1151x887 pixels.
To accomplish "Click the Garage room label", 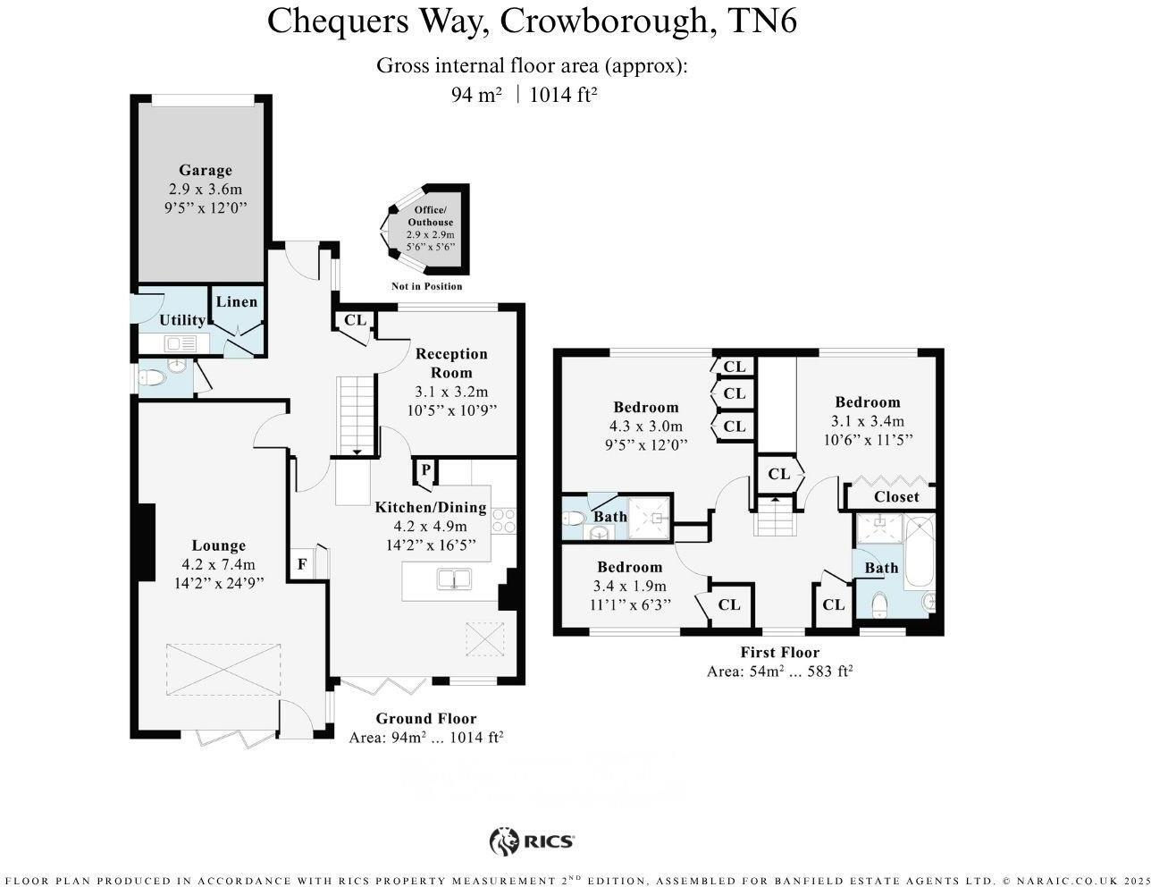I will click(206, 170).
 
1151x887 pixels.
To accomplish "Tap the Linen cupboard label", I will click(237, 301).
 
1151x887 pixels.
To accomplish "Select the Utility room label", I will click(182, 320).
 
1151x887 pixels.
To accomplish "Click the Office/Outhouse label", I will click(431, 215).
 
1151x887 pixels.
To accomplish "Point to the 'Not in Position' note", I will click(427, 286).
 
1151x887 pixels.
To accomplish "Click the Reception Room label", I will click(451, 363).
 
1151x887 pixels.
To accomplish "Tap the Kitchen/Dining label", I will click(431, 507).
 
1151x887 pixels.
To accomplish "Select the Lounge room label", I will click(219, 545).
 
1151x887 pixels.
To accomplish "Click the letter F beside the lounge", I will click(302, 564).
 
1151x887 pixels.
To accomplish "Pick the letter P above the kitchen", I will click(425, 469).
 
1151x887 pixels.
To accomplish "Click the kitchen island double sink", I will click(455, 579).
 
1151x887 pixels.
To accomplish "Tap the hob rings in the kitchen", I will click(504, 520).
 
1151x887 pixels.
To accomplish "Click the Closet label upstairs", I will click(896, 497).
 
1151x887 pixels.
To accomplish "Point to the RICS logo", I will click(533, 841).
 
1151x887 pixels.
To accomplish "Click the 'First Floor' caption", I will click(779, 652).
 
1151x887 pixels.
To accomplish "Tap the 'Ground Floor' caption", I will click(426, 718).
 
